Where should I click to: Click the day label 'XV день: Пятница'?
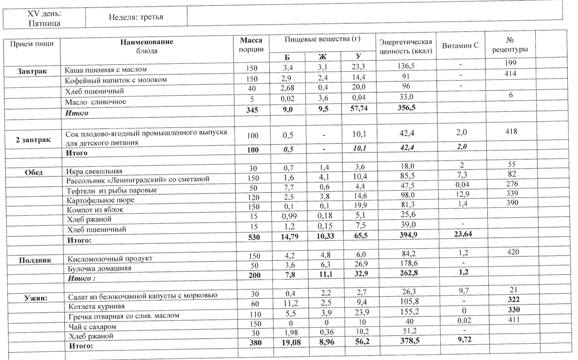pos(44,18)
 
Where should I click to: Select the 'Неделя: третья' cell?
pos(136,17)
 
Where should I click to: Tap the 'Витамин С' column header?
pos(460,45)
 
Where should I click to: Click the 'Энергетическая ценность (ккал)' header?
pos(406,46)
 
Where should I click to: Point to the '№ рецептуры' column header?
pos(510,45)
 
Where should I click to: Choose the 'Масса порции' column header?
pos(251,45)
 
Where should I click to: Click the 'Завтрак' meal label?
pos(32,71)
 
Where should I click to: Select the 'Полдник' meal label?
pos(35,260)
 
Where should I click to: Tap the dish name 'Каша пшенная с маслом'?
pos(106,69)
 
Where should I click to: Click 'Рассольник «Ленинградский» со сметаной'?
pos(138,179)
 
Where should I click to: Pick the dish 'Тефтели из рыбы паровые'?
pos(112,190)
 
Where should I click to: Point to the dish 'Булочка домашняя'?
pos(100,268)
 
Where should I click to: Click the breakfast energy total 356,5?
pos(406,108)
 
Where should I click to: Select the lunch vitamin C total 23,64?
pos(462,234)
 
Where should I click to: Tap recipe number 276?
pos(512,184)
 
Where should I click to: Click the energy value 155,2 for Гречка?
pos(407,311)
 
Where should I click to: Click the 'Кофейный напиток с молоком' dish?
pos(116,80)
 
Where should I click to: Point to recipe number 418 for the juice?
pos(511,132)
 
